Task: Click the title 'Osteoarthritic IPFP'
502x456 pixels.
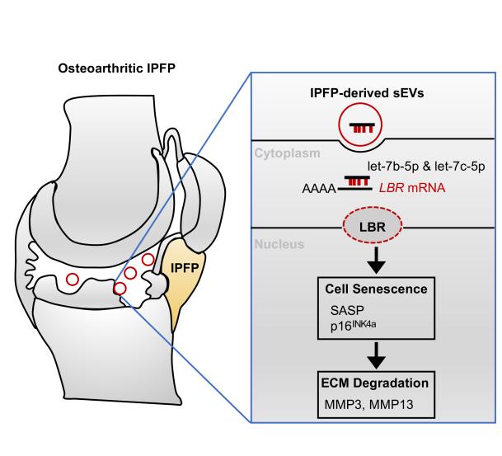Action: (x=117, y=68)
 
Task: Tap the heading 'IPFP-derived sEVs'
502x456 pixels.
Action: (x=367, y=93)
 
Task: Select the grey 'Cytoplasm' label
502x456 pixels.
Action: (x=287, y=153)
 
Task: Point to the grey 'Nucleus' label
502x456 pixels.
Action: (x=279, y=244)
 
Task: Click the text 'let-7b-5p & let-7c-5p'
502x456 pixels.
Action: (x=426, y=166)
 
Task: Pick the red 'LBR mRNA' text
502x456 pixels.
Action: (x=412, y=188)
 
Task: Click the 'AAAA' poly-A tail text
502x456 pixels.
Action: (x=319, y=189)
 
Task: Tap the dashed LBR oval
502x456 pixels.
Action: (x=373, y=226)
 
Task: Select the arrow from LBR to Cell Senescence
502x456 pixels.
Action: (x=376, y=260)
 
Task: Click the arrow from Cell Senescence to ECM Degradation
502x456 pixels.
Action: (x=376, y=355)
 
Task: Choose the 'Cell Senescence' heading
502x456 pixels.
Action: (x=376, y=289)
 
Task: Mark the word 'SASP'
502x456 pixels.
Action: (x=347, y=310)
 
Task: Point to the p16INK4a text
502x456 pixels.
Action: (x=353, y=326)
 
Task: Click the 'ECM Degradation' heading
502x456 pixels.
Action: (x=374, y=383)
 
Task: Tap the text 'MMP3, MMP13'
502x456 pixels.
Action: (x=368, y=404)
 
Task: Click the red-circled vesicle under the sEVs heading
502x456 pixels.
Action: (x=360, y=125)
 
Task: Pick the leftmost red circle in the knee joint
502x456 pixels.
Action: (x=73, y=280)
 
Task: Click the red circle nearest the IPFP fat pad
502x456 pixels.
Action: (x=148, y=260)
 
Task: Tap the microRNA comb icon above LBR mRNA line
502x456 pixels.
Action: (x=357, y=181)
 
